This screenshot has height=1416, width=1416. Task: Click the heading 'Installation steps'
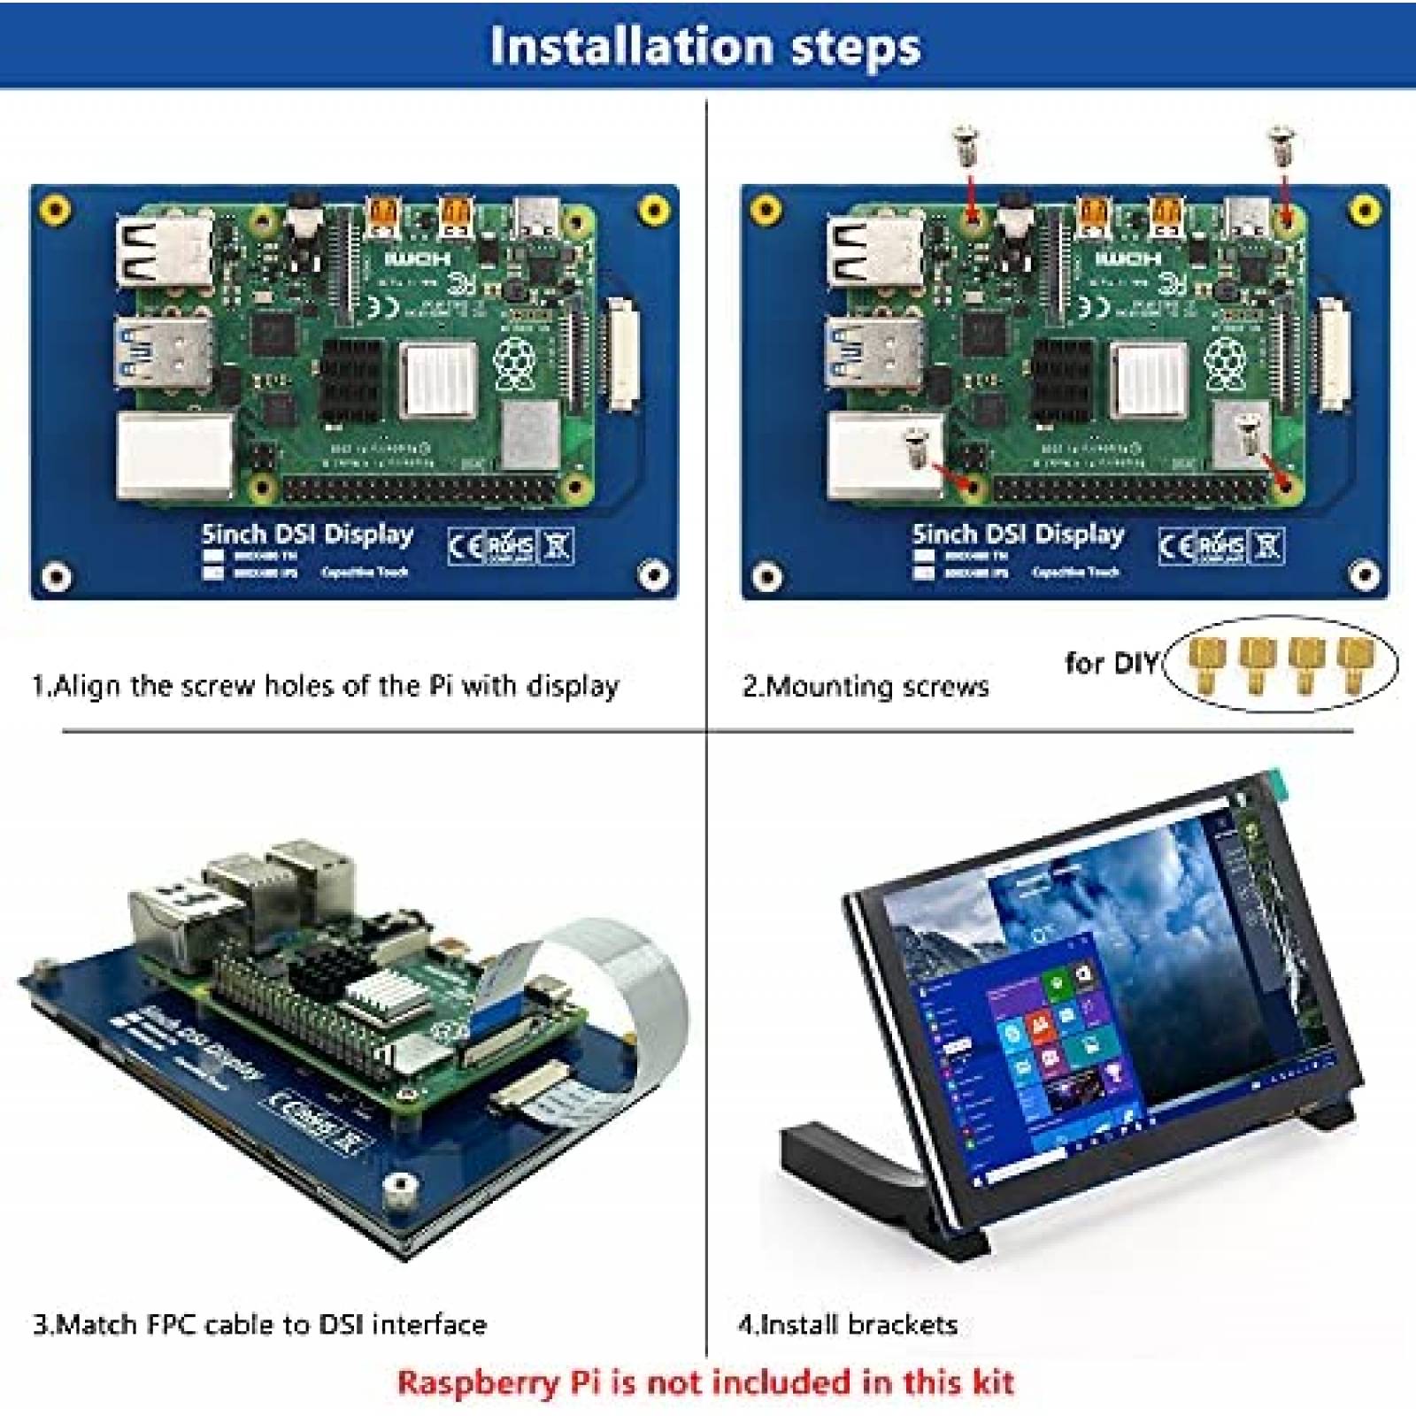[704, 46]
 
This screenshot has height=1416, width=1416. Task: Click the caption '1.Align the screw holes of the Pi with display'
[325, 687]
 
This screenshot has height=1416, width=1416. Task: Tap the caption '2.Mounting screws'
[865, 687]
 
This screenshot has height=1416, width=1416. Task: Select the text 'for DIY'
[1111, 663]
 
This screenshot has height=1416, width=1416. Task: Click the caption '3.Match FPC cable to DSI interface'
[259, 1325]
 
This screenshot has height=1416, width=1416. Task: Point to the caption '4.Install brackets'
[847, 1325]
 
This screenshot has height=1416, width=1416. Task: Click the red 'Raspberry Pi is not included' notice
[704, 1382]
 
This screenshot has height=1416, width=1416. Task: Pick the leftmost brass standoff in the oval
[1202, 665]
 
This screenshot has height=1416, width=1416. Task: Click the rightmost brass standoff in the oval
[1352, 665]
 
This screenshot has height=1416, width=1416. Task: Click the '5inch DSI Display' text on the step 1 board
[307, 535]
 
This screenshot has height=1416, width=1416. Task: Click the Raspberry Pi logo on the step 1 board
[513, 365]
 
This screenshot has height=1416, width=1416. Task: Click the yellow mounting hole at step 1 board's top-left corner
[57, 210]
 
